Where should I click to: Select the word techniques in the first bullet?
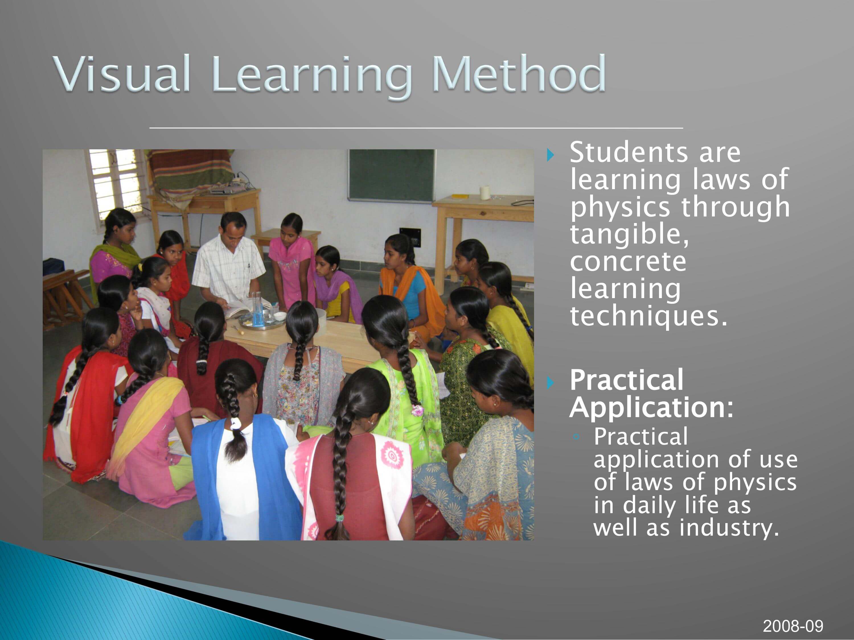tap(648, 316)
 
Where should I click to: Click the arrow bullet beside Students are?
tap(551, 155)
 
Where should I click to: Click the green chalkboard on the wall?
tap(391, 176)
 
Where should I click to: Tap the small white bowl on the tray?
tap(280, 316)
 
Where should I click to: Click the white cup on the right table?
tap(485, 193)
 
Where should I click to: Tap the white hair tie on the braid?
tap(235, 424)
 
